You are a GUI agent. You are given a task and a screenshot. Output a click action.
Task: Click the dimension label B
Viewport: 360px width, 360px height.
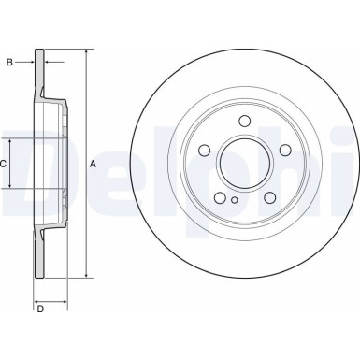[9, 64]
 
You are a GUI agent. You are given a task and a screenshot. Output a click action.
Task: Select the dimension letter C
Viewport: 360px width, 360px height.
[5, 164]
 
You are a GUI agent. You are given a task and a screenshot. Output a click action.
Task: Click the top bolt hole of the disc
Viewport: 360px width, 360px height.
[243, 121]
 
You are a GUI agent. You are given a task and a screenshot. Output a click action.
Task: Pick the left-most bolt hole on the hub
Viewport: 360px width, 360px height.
[204, 150]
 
